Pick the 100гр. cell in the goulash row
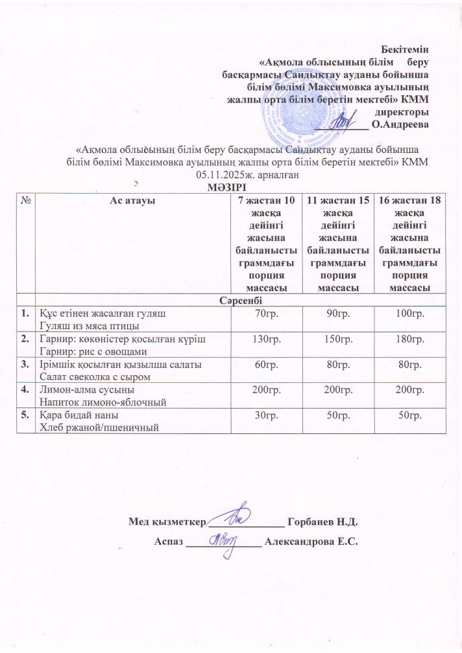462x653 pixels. point(409,314)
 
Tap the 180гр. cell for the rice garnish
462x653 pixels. point(409,339)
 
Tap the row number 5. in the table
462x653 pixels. point(24,415)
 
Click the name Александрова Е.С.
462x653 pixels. point(312,542)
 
